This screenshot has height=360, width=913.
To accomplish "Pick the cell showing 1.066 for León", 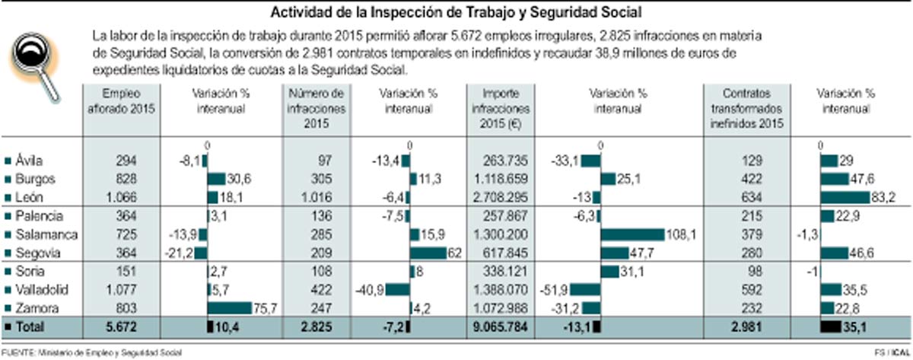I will pyautogui.click(x=122, y=197).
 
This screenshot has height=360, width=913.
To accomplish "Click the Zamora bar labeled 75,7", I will pyautogui.click(x=229, y=307).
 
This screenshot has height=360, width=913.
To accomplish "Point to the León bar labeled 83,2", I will pyautogui.click(x=845, y=197).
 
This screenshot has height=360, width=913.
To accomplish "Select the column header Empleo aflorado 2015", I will pyautogui.click(x=122, y=101).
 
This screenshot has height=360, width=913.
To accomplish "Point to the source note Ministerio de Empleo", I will pyautogui.click(x=91, y=352).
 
